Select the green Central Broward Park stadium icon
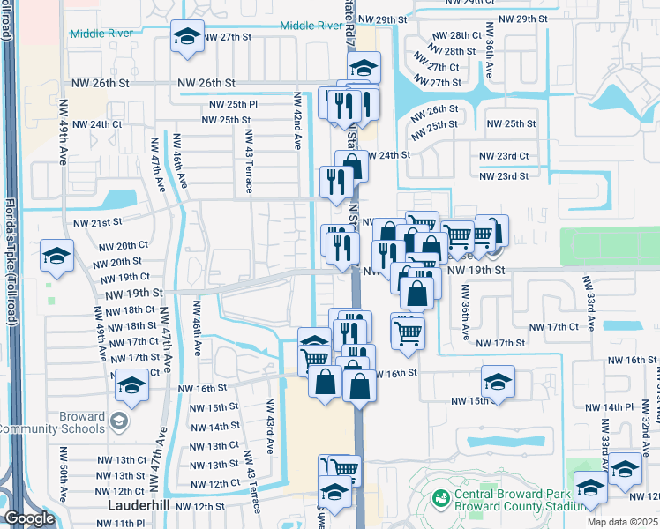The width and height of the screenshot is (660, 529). point(441,499)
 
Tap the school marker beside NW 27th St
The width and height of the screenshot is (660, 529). point(186,37)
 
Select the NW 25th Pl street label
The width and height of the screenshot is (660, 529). point(229,104)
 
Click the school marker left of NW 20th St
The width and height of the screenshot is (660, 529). point(56,257)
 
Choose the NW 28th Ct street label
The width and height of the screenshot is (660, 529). point(456,36)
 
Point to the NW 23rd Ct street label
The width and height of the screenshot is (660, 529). point(504,156)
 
